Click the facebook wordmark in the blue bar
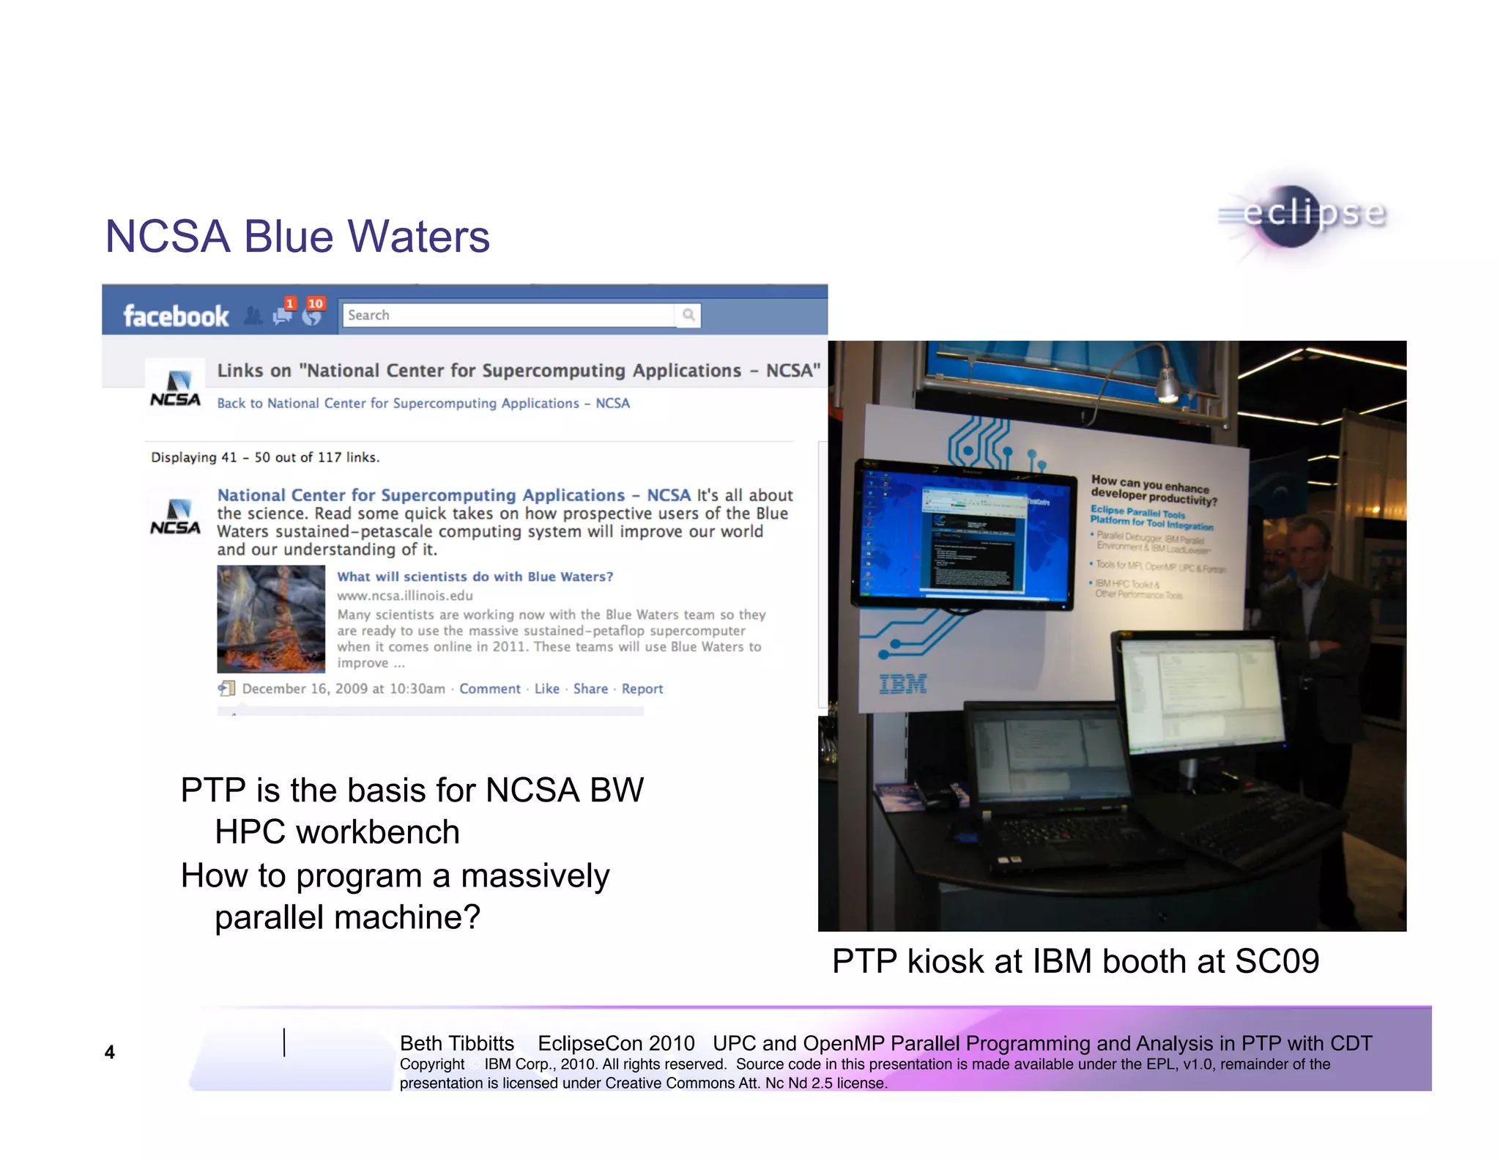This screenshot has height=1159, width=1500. click(x=176, y=316)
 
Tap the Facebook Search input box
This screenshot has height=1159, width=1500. click(x=508, y=315)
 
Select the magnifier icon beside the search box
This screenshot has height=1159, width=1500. click(x=688, y=315)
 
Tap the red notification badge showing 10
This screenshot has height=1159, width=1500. click(x=316, y=303)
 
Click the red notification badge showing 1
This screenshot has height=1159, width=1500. click(x=290, y=303)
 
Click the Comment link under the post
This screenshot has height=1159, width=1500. click(x=489, y=689)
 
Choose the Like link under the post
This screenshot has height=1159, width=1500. click(x=546, y=689)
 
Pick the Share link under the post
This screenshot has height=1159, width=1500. click(x=590, y=689)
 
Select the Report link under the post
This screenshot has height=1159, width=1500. click(x=642, y=689)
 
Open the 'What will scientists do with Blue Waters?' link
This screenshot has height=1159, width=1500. click(x=475, y=577)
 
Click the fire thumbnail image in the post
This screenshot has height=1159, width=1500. click(x=271, y=618)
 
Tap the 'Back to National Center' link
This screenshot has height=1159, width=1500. click(x=423, y=403)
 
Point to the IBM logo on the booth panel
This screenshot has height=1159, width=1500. click(x=902, y=684)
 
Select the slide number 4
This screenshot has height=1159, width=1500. click(x=110, y=1052)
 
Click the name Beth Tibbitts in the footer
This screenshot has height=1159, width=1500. click(x=457, y=1043)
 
